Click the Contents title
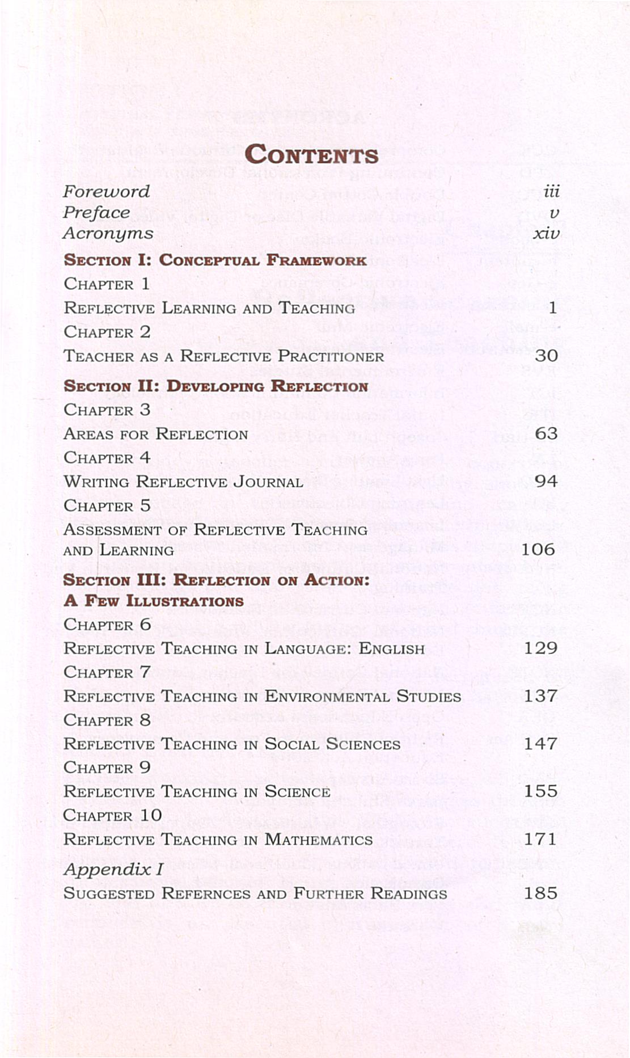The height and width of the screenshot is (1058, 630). tap(311, 155)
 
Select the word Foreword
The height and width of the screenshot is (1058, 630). tap(106, 192)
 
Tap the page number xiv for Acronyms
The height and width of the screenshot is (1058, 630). tap(546, 233)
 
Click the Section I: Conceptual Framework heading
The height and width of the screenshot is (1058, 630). tap(215, 260)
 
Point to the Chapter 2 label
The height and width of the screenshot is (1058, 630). tap(107, 332)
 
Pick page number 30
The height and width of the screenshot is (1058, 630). tap(546, 356)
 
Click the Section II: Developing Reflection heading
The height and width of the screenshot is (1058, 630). tap(215, 386)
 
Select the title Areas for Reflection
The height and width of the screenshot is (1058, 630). tap(155, 434)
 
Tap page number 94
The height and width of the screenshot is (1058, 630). tap(546, 481)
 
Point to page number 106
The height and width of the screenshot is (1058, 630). tap(538, 549)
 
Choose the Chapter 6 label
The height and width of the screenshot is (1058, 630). tap(107, 625)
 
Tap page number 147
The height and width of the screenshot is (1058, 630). tap(540, 743)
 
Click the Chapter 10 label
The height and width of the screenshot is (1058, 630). tap(112, 815)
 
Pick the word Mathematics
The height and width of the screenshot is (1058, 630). tap(319, 840)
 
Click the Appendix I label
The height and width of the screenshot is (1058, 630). tap(113, 869)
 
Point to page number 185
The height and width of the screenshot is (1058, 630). tap(540, 893)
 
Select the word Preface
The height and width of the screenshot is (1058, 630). tap(96, 213)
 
